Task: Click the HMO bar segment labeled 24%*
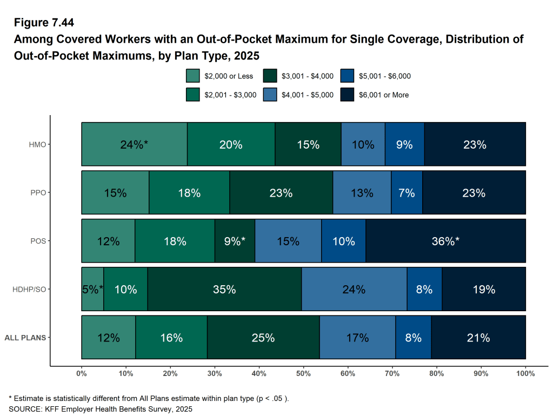pyautogui.click(x=134, y=144)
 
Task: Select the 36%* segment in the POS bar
pyautogui.click(x=445, y=241)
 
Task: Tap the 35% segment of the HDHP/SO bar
pyautogui.click(x=224, y=290)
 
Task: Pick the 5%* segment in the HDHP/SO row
pyautogui.click(x=92, y=290)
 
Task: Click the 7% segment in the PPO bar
pyautogui.click(x=407, y=193)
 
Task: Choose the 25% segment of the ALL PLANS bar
pyautogui.click(x=263, y=338)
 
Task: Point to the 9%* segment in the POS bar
pyautogui.click(x=235, y=241)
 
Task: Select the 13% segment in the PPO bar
pyautogui.click(x=362, y=193)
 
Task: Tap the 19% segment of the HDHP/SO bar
pyautogui.click(x=484, y=290)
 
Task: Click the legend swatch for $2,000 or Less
pyautogui.click(x=193, y=76)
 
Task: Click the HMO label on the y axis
pyautogui.click(x=38, y=145)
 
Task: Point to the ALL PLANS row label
pyautogui.click(x=25, y=338)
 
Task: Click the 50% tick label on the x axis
pyautogui.click(x=303, y=373)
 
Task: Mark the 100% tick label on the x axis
pyautogui.click(x=525, y=373)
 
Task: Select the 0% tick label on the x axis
pyautogui.click(x=82, y=373)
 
